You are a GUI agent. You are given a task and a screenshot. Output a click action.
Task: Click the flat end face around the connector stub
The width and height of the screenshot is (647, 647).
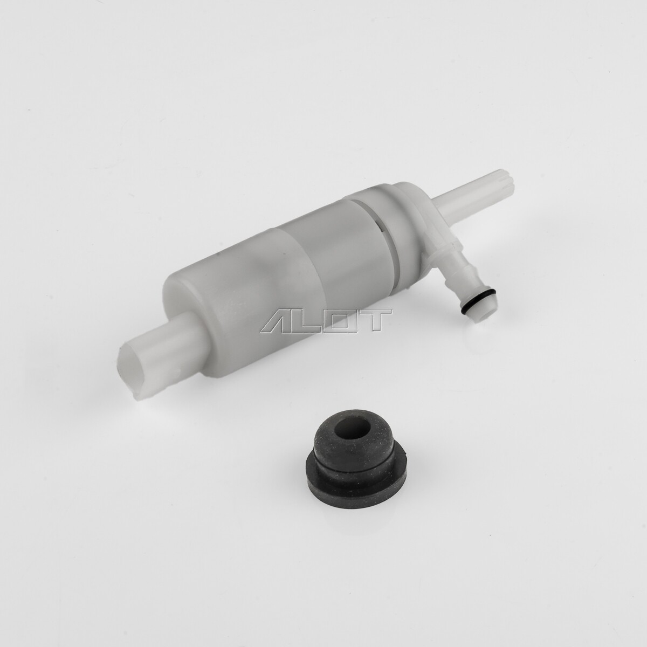178,302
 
